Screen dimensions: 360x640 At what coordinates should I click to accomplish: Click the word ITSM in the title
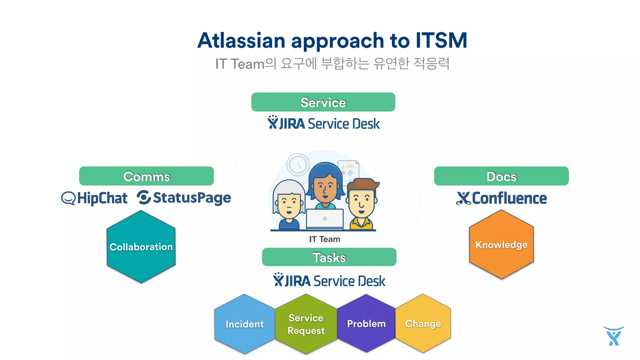pyautogui.click(x=441, y=41)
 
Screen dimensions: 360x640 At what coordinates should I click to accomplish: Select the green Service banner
pyautogui.click(x=323, y=102)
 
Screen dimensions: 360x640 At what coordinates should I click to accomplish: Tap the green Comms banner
pyautogui.click(x=147, y=176)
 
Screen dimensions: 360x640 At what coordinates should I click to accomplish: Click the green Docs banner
pyautogui.click(x=501, y=176)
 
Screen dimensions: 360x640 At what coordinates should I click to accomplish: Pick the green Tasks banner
pyautogui.click(x=329, y=257)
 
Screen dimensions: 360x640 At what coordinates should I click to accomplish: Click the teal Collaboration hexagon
pyautogui.click(x=141, y=247)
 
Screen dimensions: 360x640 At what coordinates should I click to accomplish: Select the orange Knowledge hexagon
pyautogui.click(x=501, y=245)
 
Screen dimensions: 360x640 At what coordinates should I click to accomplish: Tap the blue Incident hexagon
pyautogui.click(x=244, y=324)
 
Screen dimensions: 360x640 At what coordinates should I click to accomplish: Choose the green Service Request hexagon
pyautogui.click(x=306, y=324)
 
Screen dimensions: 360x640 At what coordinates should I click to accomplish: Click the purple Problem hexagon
pyautogui.click(x=366, y=323)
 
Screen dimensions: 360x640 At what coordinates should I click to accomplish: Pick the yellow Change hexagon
pyautogui.click(x=423, y=323)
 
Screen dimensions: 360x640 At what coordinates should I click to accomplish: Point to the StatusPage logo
pyautogui.click(x=184, y=198)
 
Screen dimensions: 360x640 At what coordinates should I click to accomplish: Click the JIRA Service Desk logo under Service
pyautogui.click(x=323, y=123)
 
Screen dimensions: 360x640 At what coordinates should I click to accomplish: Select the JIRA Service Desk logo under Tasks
pyautogui.click(x=329, y=280)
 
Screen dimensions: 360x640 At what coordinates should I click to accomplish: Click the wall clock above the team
pyautogui.click(x=298, y=164)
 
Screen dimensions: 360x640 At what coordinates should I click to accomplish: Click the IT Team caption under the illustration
pyautogui.click(x=325, y=239)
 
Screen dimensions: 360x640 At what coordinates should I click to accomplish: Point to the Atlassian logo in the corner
pyautogui.click(x=613, y=336)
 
